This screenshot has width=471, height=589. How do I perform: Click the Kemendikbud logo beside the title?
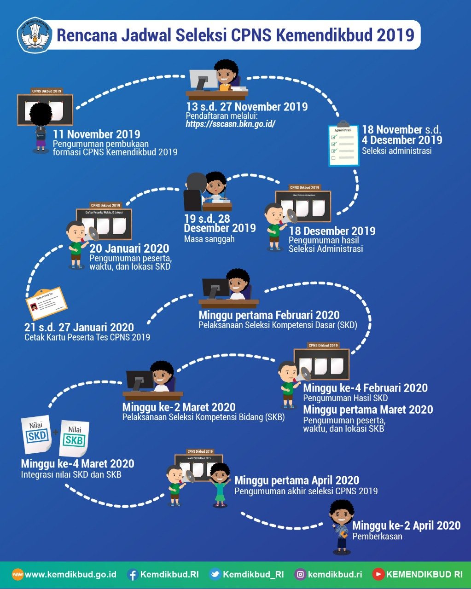(35, 35)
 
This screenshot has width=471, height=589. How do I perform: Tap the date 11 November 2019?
(97, 134)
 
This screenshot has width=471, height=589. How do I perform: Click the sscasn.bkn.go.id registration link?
(230, 124)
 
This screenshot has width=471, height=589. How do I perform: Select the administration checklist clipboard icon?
(343, 144)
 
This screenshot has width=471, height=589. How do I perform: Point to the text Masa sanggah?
(209, 239)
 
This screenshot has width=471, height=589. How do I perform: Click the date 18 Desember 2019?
(332, 231)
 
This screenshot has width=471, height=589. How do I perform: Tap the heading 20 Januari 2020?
(129, 248)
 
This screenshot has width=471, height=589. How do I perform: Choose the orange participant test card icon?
(47, 303)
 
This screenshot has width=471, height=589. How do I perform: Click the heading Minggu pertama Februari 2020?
(269, 315)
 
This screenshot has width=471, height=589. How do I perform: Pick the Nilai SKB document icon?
(74, 438)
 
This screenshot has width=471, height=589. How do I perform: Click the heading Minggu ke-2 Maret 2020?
(179, 407)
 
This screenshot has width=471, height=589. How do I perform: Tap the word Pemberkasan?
(377, 536)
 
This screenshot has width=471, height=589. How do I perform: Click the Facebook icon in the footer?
(133, 574)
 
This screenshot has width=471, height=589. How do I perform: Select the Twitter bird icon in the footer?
(215, 574)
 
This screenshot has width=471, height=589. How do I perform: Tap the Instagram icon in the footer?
(300, 574)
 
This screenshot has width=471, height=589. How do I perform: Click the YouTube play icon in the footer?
(378, 574)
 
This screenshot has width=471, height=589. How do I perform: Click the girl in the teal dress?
(220, 484)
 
